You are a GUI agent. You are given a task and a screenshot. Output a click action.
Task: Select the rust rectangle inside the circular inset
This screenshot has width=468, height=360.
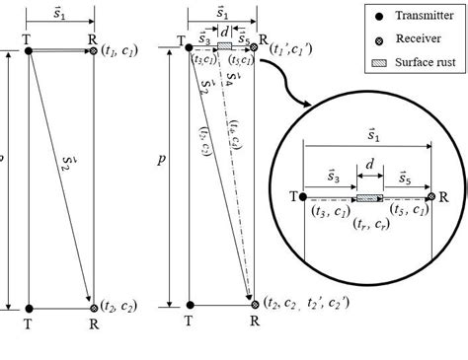[x=369, y=198]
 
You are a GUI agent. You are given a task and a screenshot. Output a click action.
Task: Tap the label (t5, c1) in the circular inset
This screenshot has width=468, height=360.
[x=409, y=210]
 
